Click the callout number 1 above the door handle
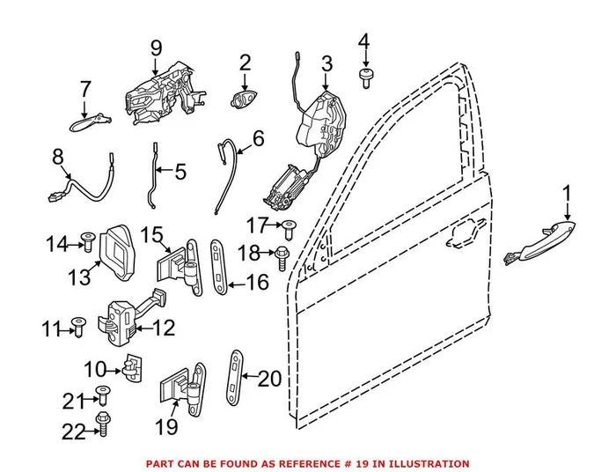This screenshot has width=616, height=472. coord(567,192)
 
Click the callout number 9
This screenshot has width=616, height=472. coord(155,48)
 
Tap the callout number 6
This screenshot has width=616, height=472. coord(258,139)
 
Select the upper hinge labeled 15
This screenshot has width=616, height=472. coord(181,265)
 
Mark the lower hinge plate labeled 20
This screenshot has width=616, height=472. coord(235,380)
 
